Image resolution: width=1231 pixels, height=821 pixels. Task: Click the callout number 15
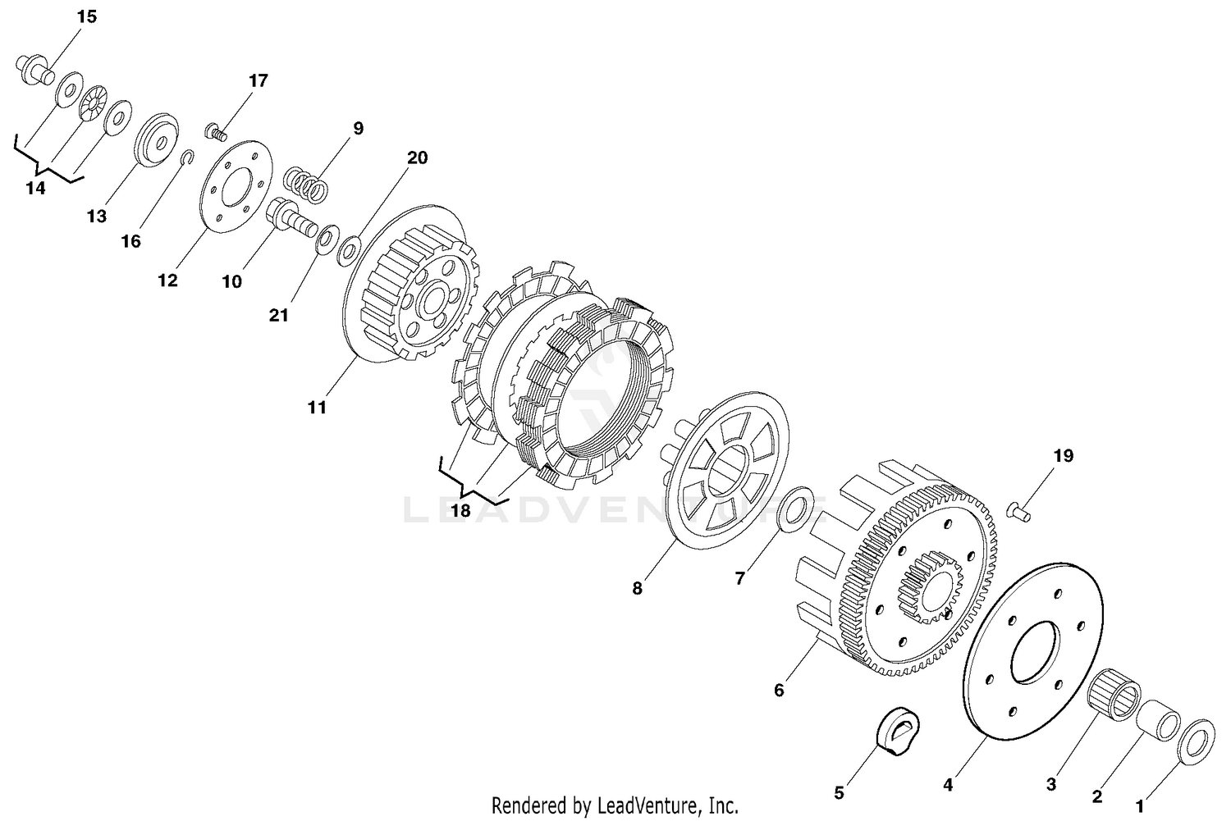tap(86, 16)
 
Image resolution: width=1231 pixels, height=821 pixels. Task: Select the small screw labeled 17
tap(215, 131)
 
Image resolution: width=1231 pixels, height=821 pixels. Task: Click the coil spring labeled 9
tap(307, 184)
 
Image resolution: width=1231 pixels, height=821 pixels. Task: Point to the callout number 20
tap(417, 157)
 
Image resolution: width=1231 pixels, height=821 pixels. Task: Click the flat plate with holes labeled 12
tap(236, 185)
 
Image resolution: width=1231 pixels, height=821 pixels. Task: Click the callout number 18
tap(460, 510)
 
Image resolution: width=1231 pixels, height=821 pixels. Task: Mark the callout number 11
tap(317, 407)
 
